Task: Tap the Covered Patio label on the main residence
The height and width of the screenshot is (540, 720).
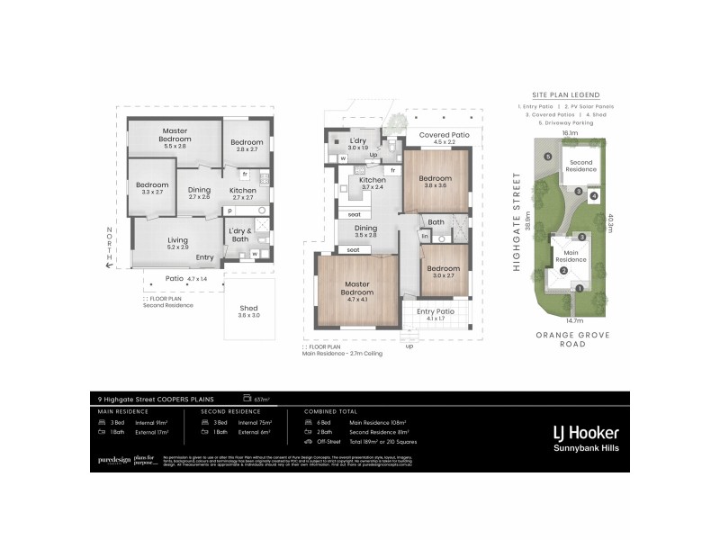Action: [x=438, y=133]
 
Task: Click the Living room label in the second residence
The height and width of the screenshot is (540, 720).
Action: [x=177, y=239]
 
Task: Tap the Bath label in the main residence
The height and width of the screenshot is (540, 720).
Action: [x=436, y=222]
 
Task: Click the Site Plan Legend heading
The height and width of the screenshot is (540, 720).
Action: [x=565, y=94]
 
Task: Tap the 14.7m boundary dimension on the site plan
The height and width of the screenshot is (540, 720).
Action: [x=572, y=319]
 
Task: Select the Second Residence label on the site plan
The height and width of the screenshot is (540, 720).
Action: [x=580, y=166]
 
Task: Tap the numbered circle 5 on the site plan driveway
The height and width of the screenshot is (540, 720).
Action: [x=548, y=157]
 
